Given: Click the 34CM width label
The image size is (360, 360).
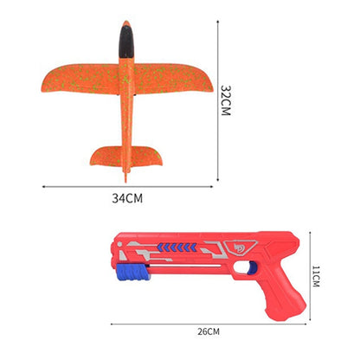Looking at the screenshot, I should point(127,198).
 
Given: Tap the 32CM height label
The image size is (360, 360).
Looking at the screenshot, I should point(225,101).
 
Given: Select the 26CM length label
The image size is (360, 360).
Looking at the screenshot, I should point(208,331).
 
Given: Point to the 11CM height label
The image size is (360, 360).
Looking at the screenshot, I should point(317,276).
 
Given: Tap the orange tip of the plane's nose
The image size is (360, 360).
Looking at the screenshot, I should point(126,24).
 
